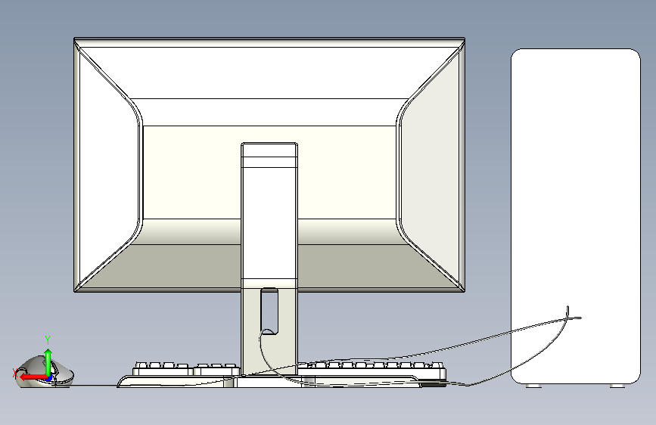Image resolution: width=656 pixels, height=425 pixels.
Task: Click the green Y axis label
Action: point(48,340)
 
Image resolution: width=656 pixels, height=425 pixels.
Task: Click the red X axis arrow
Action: point(33,377)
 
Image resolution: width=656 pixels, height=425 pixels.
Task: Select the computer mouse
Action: point(45,372)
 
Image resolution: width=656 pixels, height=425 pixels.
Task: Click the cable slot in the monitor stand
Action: point(269,312)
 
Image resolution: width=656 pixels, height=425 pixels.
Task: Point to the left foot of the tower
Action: point(533,386)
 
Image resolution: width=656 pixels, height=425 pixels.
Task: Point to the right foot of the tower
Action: point(617,386)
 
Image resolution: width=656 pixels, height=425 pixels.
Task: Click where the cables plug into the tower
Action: point(568,317)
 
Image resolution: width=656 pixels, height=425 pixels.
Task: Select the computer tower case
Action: point(576,216)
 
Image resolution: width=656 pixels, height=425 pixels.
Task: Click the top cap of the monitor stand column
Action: point(269,150)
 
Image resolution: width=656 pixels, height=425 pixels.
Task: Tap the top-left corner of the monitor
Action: point(74,38)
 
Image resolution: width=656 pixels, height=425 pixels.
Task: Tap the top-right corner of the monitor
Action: point(465,38)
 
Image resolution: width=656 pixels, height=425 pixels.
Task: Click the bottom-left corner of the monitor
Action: point(74,292)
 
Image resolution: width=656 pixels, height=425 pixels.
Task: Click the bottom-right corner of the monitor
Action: point(465,292)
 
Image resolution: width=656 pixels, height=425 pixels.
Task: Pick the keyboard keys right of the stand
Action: point(372,368)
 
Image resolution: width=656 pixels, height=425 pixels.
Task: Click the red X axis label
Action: point(14,372)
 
